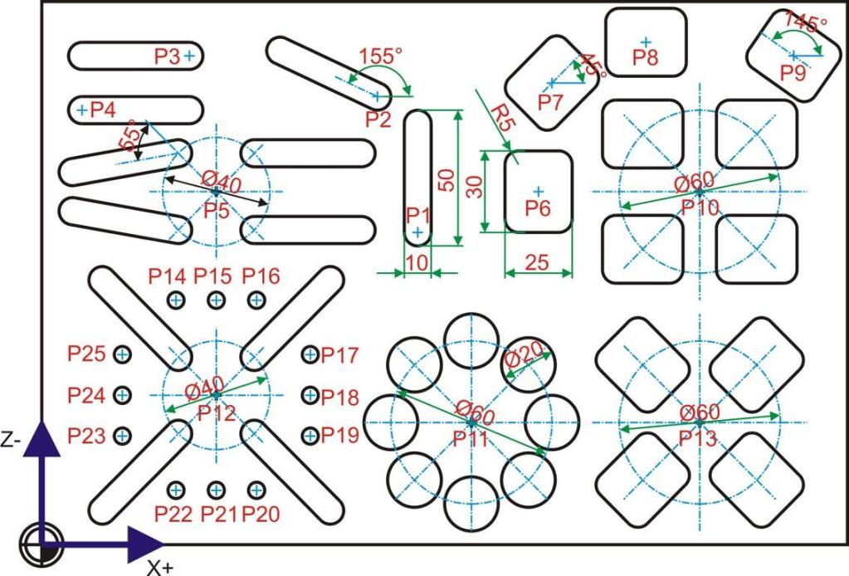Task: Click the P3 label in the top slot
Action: tap(167, 56)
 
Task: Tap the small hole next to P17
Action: tap(310, 354)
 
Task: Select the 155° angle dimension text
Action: tap(381, 56)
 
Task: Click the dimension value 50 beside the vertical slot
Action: tap(446, 180)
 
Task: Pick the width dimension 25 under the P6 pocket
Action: tap(537, 262)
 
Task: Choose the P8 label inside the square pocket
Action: tap(646, 57)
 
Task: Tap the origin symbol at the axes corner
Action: tap(41, 544)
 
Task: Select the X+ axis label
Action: tap(160, 568)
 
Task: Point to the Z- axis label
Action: tap(11, 440)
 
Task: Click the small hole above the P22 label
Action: tap(175, 491)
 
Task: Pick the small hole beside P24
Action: tap(123, 395)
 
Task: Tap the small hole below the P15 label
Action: tap(216, 300)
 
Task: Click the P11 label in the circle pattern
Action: tap(471, 439)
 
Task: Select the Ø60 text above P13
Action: tap(700, 412)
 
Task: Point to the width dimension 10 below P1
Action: tap(417, 262)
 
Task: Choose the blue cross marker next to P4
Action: tap(82, 110)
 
